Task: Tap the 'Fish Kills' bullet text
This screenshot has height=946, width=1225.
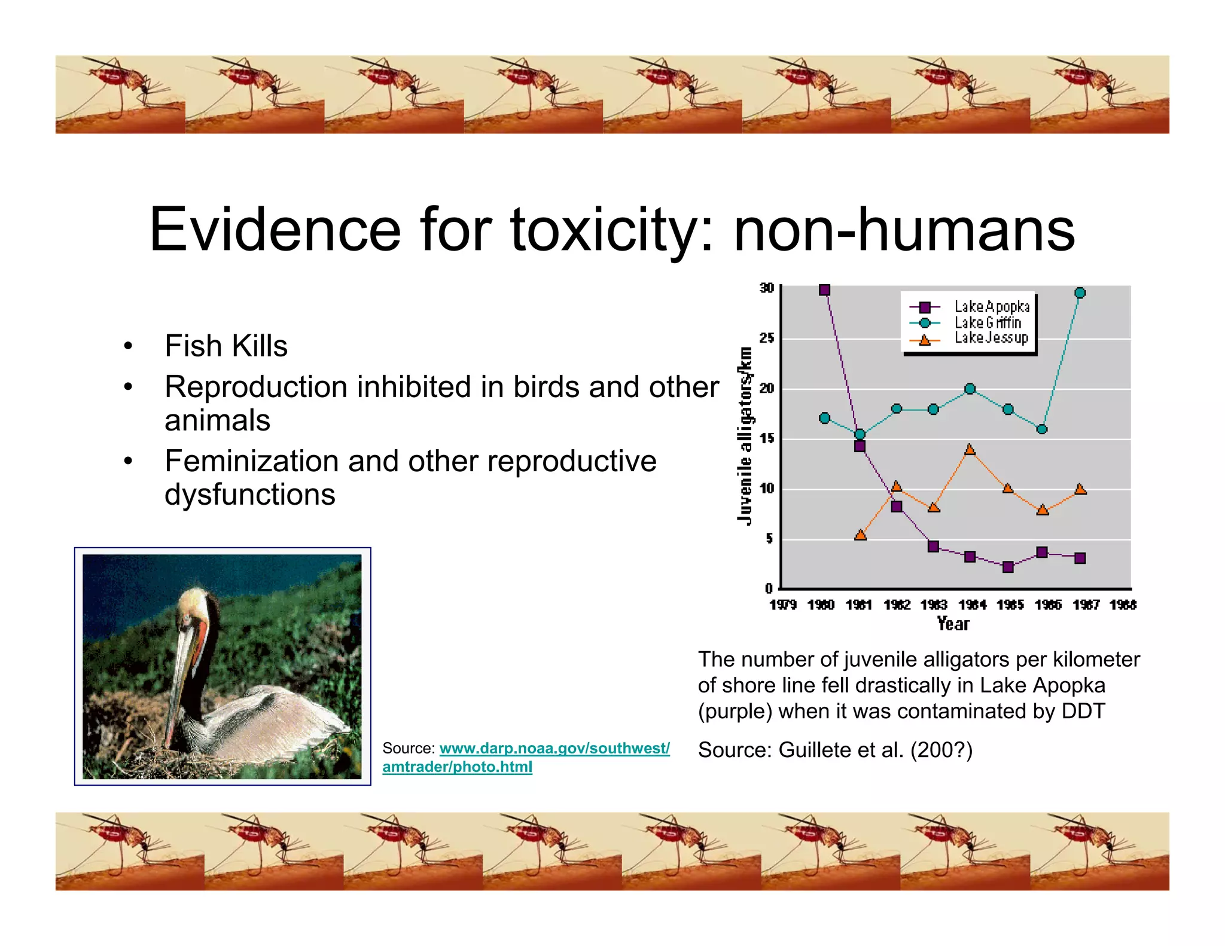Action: click(226, 346)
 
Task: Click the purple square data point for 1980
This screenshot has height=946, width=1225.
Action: click(824, 290)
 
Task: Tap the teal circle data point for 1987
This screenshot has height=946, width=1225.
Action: click(1080, 293)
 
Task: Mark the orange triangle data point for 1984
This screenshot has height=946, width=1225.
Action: click(970, 450)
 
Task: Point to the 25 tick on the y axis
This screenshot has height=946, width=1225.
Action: click(766, 338)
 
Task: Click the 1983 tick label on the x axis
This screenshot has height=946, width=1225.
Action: click(934, 605)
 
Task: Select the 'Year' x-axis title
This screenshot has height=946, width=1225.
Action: click(953, 624)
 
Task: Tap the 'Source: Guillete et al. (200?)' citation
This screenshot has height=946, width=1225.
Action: click(835, 750)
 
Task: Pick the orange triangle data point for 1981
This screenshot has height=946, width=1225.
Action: click(860, 535)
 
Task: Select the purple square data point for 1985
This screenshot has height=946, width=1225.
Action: click(1008, 567)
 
